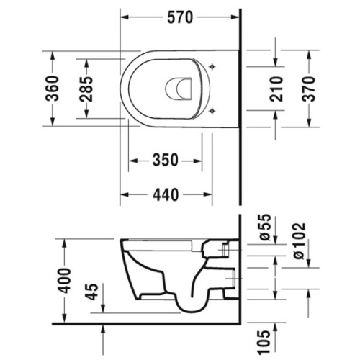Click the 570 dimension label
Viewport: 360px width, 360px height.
coord(180,17)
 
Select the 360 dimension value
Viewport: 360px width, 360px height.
coord(52,89)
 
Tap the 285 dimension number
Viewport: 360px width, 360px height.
coord(86,89)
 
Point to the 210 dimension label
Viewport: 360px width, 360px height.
coord(276,89)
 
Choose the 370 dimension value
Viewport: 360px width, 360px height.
coord(309,89)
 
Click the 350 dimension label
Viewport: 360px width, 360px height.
coord(166,160)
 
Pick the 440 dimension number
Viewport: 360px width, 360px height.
coord(166,194)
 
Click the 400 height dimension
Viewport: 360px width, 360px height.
coord(65,280)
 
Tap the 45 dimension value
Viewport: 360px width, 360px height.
coord(92,292)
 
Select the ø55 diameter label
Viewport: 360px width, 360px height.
coord(266,227)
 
